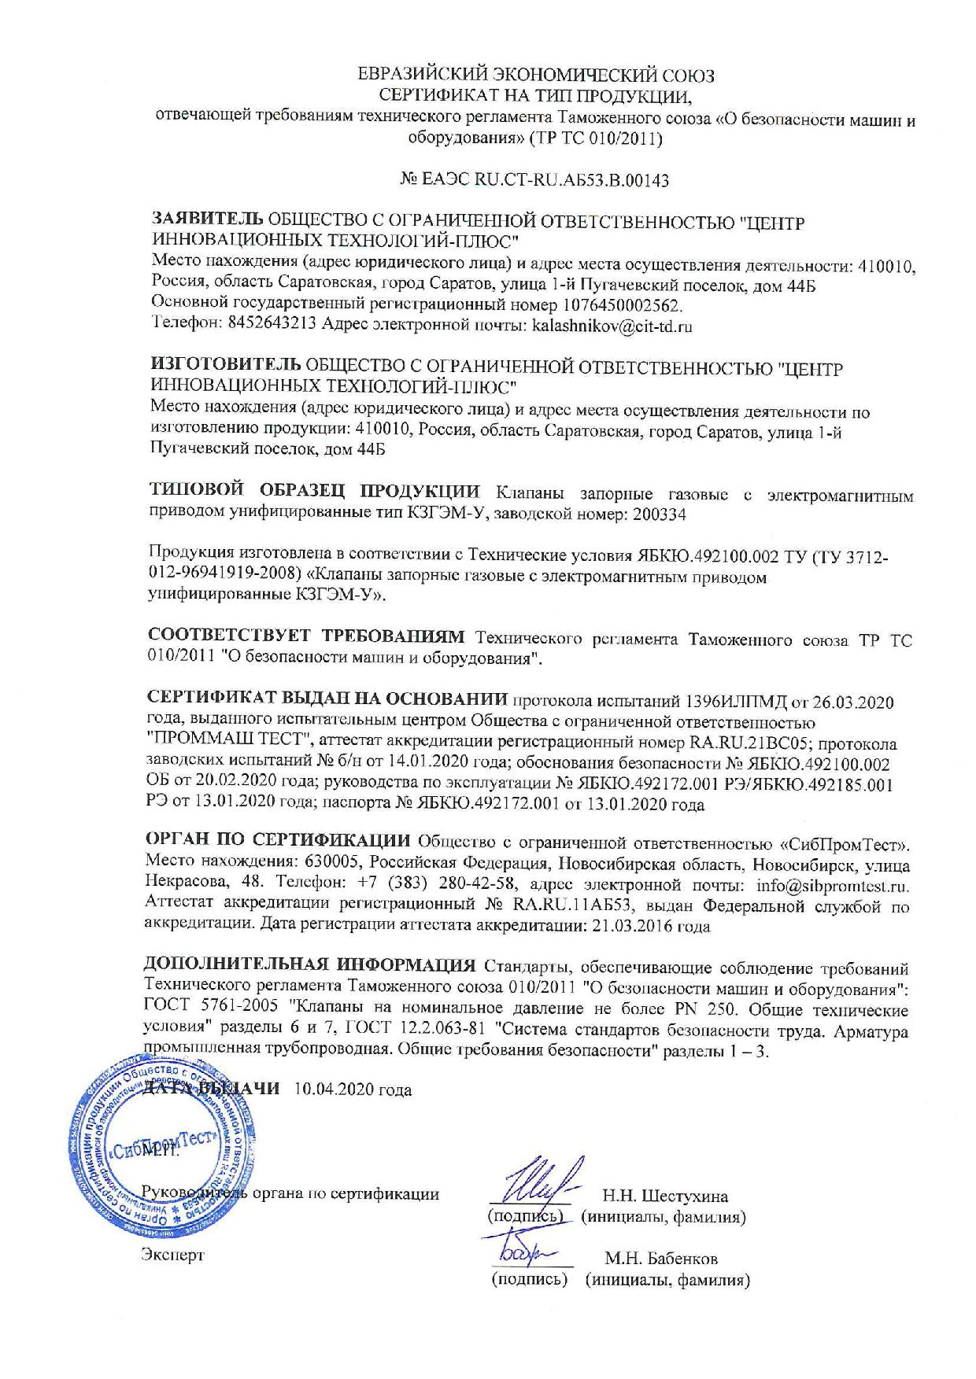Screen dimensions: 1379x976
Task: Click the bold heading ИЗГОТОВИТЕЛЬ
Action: [225, 367]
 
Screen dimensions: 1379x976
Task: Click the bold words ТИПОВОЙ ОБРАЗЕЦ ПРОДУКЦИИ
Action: [314, 494]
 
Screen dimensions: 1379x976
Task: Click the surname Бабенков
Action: [678, 1259]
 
